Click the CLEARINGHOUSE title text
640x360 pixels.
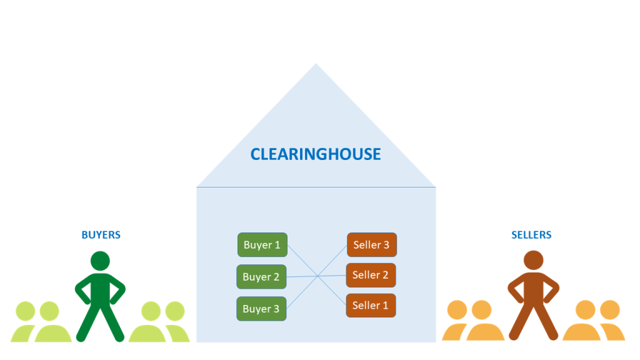(316, 154)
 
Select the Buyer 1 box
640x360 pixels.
(262, 245)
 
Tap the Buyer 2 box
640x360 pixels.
(261, 277)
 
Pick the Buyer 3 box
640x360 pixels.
(261, 309)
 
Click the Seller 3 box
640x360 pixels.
(371, 244)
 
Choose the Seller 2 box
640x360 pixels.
(371, 275)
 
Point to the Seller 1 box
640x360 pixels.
(371, 306)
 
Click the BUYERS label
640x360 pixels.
(101, 235)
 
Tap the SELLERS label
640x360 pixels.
(531, 235)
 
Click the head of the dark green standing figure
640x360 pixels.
(100, 261)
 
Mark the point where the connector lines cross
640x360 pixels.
(317, 276)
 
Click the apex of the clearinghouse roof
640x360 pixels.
(316, 64)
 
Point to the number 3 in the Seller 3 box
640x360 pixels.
(386, 244)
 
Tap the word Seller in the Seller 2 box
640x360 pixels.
(365, 275)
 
